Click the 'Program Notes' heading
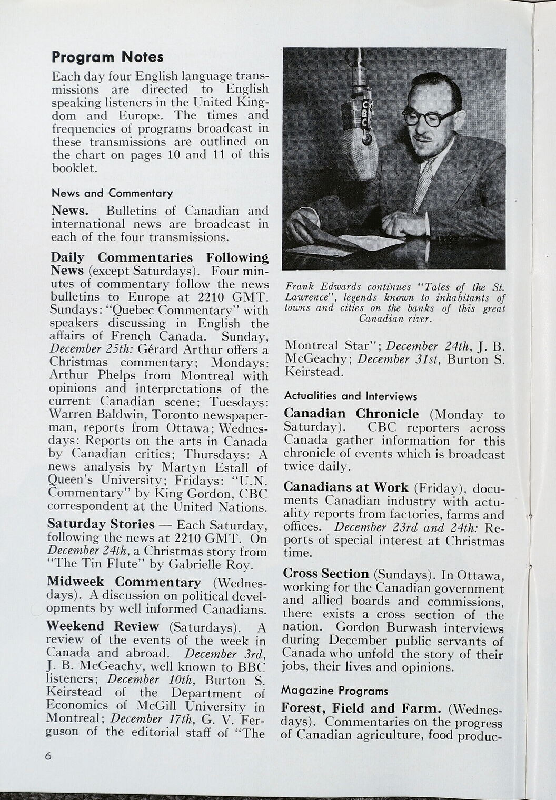point(107,57)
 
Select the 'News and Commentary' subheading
point(112,193)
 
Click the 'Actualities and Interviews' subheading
point(350,396)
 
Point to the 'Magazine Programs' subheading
point(334,691)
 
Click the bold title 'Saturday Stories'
point(101,524)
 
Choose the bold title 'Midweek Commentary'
point(124,582)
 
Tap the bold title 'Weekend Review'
point(103,626)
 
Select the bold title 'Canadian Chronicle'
point(351,414)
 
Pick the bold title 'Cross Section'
point(326,574)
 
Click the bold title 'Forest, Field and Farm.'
point(361,708)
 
